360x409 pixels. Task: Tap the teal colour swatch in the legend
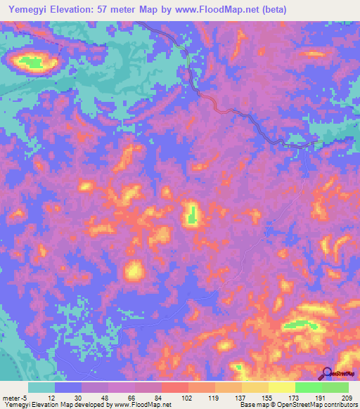pyautogui.click(x=41, y=387)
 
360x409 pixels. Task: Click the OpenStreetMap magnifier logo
pyautogui.click(x=327, y=375)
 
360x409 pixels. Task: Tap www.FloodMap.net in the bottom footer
pyautogui.click(x=143, y=405)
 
